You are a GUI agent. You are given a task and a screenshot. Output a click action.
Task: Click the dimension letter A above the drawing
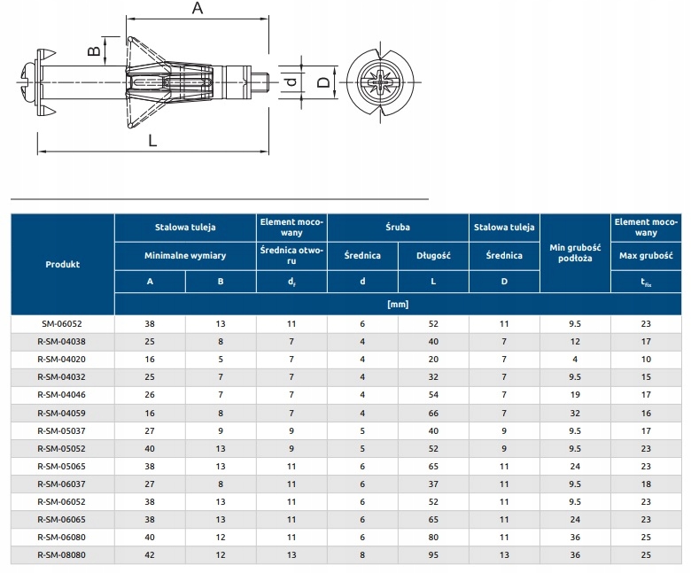pyautogui.click(x=198, y=9)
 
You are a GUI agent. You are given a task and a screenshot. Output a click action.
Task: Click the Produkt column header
pyautogui.click(x=62, y=264)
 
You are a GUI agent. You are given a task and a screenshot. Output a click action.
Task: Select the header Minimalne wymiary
pyautogui.click(x=185, y=255)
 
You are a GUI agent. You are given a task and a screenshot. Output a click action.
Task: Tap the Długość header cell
pyautogui.click(x=433, y=255)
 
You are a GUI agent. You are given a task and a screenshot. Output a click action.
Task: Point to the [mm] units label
pyautogui.click(x=398, y=304)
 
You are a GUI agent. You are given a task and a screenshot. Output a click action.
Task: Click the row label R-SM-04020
pyautogui.click(x=62, y=358)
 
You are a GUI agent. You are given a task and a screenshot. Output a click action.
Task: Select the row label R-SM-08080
pyautogui.click(x=62, y=554)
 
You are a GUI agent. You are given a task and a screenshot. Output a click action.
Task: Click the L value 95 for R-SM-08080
pyautogui.click(x=433, y=554)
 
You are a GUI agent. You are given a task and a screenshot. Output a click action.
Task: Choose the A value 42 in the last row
pyautogui.click(x=150, y=554)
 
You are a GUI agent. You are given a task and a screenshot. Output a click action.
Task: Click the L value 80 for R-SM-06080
pyautogui.click(x=433, y=538)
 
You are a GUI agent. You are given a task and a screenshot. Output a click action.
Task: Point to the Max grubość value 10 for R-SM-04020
pyautogui.click(x=646, y=358)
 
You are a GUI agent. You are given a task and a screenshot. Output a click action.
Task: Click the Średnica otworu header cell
pyautogui.click(x=291, y=255)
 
